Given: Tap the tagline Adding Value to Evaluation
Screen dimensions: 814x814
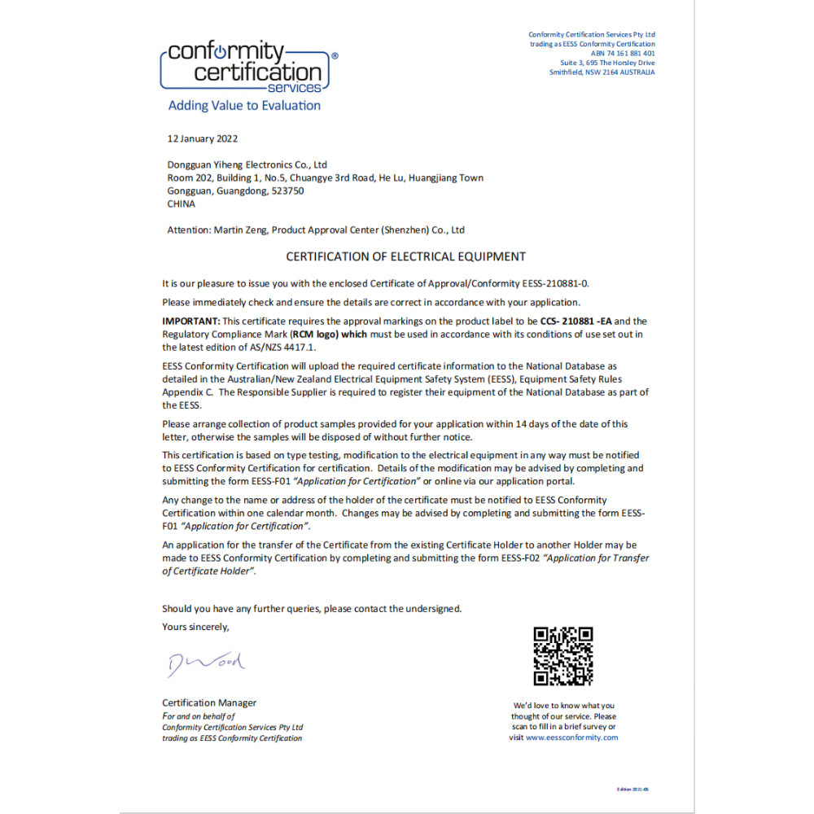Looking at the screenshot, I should [244, 106].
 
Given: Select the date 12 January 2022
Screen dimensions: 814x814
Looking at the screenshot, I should [202, 138].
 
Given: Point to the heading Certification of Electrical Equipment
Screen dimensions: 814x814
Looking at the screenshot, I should [405, 256].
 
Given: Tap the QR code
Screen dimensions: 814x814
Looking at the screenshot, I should [562, 656].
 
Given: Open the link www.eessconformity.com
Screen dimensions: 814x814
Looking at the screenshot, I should [571, 737].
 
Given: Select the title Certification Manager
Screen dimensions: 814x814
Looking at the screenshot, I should [209, 702].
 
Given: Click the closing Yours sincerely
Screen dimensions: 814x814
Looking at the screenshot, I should [195, 627].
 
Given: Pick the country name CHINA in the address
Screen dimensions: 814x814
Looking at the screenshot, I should [181, 204].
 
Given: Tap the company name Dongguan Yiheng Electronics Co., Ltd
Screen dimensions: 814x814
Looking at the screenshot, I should [247, 164].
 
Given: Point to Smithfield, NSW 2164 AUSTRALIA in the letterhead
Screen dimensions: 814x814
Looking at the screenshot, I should [602, 72].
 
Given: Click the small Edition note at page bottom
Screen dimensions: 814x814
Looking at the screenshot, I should [633, 790].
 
